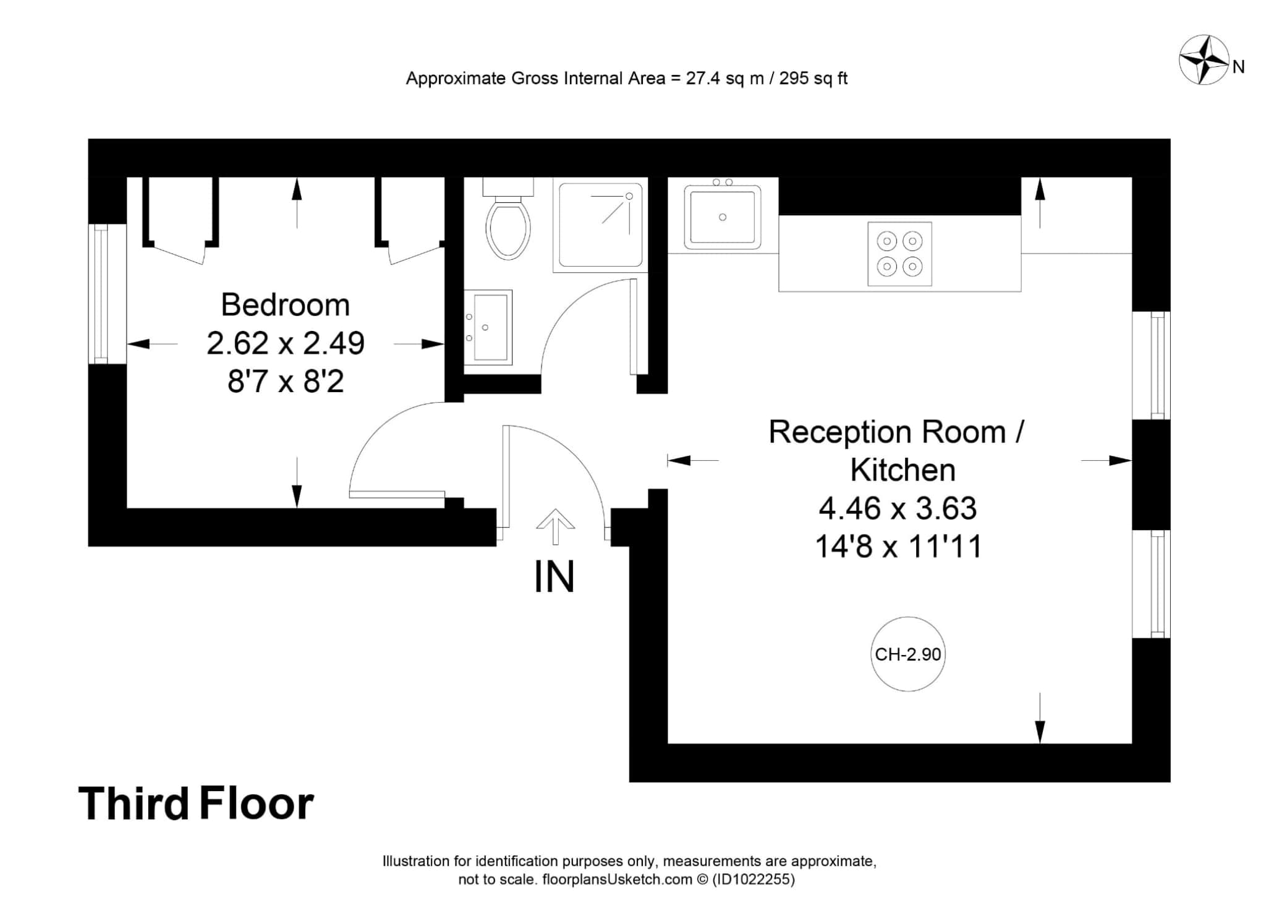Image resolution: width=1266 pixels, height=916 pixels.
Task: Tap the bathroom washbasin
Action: (x=488, y=327)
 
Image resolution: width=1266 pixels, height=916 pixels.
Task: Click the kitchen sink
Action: (x=722, y=216)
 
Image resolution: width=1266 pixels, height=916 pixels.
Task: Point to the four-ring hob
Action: (x=899, y=254)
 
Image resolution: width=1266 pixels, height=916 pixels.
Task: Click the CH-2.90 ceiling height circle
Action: (x=908, y=654)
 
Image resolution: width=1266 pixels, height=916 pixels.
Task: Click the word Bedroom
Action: (x=286, y=305)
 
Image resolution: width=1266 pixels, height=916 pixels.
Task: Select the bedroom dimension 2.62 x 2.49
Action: (x=286, y=343)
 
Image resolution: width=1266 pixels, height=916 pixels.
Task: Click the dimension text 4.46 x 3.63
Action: (x=898, y=508)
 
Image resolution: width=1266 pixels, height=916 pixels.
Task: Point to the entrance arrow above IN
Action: (x=555, y=527)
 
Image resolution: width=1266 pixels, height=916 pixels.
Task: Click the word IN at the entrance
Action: (x=554, y=576)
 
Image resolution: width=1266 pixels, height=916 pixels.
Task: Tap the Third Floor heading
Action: (x=196, y=803)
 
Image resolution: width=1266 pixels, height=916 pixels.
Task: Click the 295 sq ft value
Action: (x=814, y=79)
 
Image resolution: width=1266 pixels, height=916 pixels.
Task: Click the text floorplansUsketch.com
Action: (x=617, y=880)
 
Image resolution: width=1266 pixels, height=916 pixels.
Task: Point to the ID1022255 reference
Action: (x=754, y=880)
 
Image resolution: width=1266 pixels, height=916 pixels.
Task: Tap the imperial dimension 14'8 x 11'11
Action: (x=898, y=547)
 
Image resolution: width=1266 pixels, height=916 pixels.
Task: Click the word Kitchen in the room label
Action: (x=903, y=470)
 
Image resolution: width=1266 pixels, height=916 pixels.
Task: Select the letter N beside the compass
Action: (x=1238, y=67)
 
